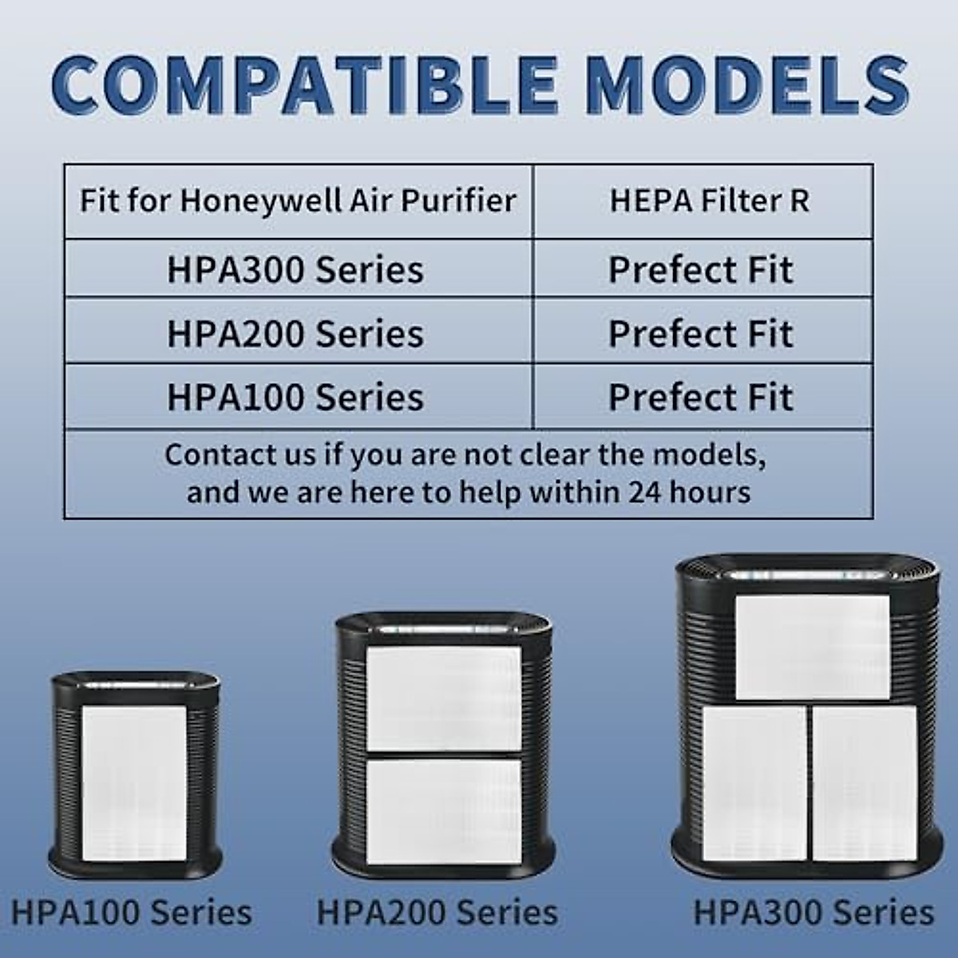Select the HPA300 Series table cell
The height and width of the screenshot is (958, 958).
point(295,270)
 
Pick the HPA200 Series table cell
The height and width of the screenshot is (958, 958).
point(295,334)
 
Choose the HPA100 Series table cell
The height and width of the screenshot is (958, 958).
point(295,397)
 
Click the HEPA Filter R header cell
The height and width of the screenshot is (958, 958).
point(710,200)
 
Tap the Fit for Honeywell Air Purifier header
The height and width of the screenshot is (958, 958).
point(298,200)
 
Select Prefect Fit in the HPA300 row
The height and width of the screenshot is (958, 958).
point(701,270)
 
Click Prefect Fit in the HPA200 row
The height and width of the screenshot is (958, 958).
point(701,334)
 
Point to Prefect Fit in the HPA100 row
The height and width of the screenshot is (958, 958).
point(701,397)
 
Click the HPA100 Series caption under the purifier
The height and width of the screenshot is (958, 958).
point(132,912)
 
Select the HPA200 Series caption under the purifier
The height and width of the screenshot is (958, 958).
point(437,912)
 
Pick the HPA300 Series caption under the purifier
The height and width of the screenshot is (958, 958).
point(813,912)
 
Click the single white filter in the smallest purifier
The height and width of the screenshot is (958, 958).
point(134,782)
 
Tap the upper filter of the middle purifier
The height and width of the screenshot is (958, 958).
point(443,696)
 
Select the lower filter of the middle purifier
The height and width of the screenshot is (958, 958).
point(443,811)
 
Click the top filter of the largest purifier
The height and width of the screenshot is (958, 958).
point(812,647)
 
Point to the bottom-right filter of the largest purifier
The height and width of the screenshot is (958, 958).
point(865,782)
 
